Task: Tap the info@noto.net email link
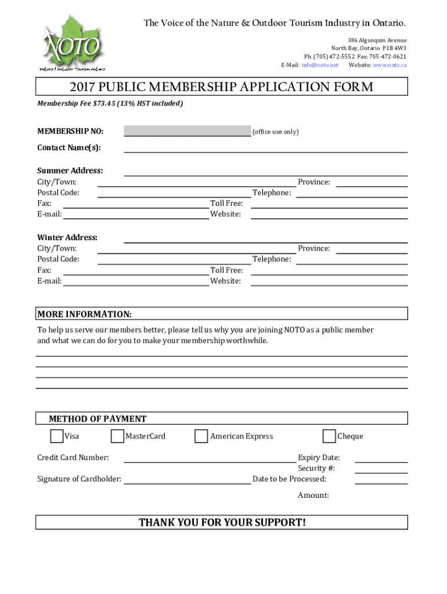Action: pos(319,65)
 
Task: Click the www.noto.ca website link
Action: pos(390,65)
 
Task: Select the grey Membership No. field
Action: pos(187,131)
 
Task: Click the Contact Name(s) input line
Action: pos(265,148)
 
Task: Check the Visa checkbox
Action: pos(57,436)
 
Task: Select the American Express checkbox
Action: pos(201,436)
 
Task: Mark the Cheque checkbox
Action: pos(329,436)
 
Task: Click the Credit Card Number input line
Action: pos(210,459)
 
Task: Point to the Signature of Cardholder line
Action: pos(187,480)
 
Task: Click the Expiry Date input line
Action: pos(381,459)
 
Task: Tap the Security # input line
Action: pos(381,469)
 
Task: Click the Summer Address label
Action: pos(70,171)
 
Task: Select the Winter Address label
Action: pos(67,237)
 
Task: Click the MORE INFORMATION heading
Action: pos(85,314)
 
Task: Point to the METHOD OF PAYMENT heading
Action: pos(98,419)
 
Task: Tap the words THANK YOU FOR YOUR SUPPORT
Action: pos(222,523)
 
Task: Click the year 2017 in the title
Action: pos(83,88)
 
